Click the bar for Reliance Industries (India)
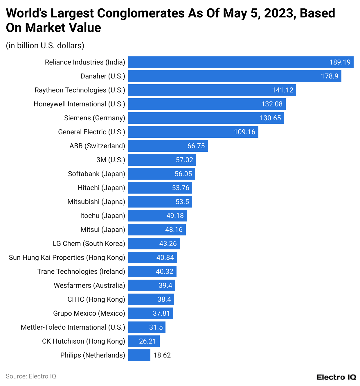click(x=241, y=62)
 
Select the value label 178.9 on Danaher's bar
click(x=330, y=76)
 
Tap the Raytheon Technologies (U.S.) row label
click(x=80, y=90)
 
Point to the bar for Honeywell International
click(x=207, y=104)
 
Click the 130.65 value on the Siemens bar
click(x=270, y=118)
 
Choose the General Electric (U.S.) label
click(x=91, y=132)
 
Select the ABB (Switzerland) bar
click(x=168, y=146)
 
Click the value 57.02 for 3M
click(x=184, y=160)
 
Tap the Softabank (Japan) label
click(x=96, y=174)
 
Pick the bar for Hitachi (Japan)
click(x=160, y=188)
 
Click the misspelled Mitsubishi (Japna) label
click(x=96, y=202)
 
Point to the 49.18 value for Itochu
click(x=175, y=216)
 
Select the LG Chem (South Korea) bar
click(x=154, y=244)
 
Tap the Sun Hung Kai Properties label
click(x=67, y=258)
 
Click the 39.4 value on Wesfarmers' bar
click(x=165, y=285)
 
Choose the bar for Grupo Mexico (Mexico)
click(x=150, y=313)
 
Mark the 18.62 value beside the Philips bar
click(x=162, y=355)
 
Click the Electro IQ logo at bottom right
click(x=336, y=377)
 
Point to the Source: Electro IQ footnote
click(x=31, y=376)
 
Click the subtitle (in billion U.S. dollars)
click(x=45, y=46)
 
